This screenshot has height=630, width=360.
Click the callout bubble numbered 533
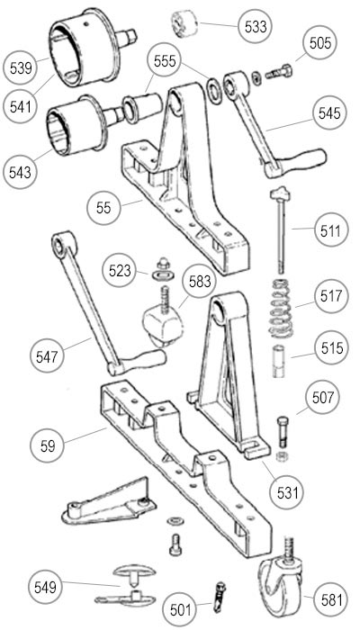tap(255, 26)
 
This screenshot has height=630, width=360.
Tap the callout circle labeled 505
tap(319, 42)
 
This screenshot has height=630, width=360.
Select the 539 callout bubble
tap(20, 67)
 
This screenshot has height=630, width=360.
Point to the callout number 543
tap(19, 172)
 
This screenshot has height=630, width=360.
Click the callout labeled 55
tap(103, 208)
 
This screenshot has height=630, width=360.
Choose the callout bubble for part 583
tap(199, 281)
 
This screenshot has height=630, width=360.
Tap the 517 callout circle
tap(331, 296)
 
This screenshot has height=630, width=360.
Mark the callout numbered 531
tap(287, 492)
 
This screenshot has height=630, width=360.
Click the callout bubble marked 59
tap(47, 446)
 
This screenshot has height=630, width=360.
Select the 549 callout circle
tap(45, 588)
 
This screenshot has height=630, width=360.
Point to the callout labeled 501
tap(180, 610)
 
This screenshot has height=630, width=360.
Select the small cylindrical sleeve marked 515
tap(278, 361)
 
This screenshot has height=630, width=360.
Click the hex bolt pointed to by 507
tap(282, 432)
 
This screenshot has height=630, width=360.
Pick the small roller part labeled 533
tap(185, 23)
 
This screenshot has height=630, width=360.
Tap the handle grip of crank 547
tap(145, 358)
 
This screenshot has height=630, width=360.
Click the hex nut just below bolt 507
tap(282, 456)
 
